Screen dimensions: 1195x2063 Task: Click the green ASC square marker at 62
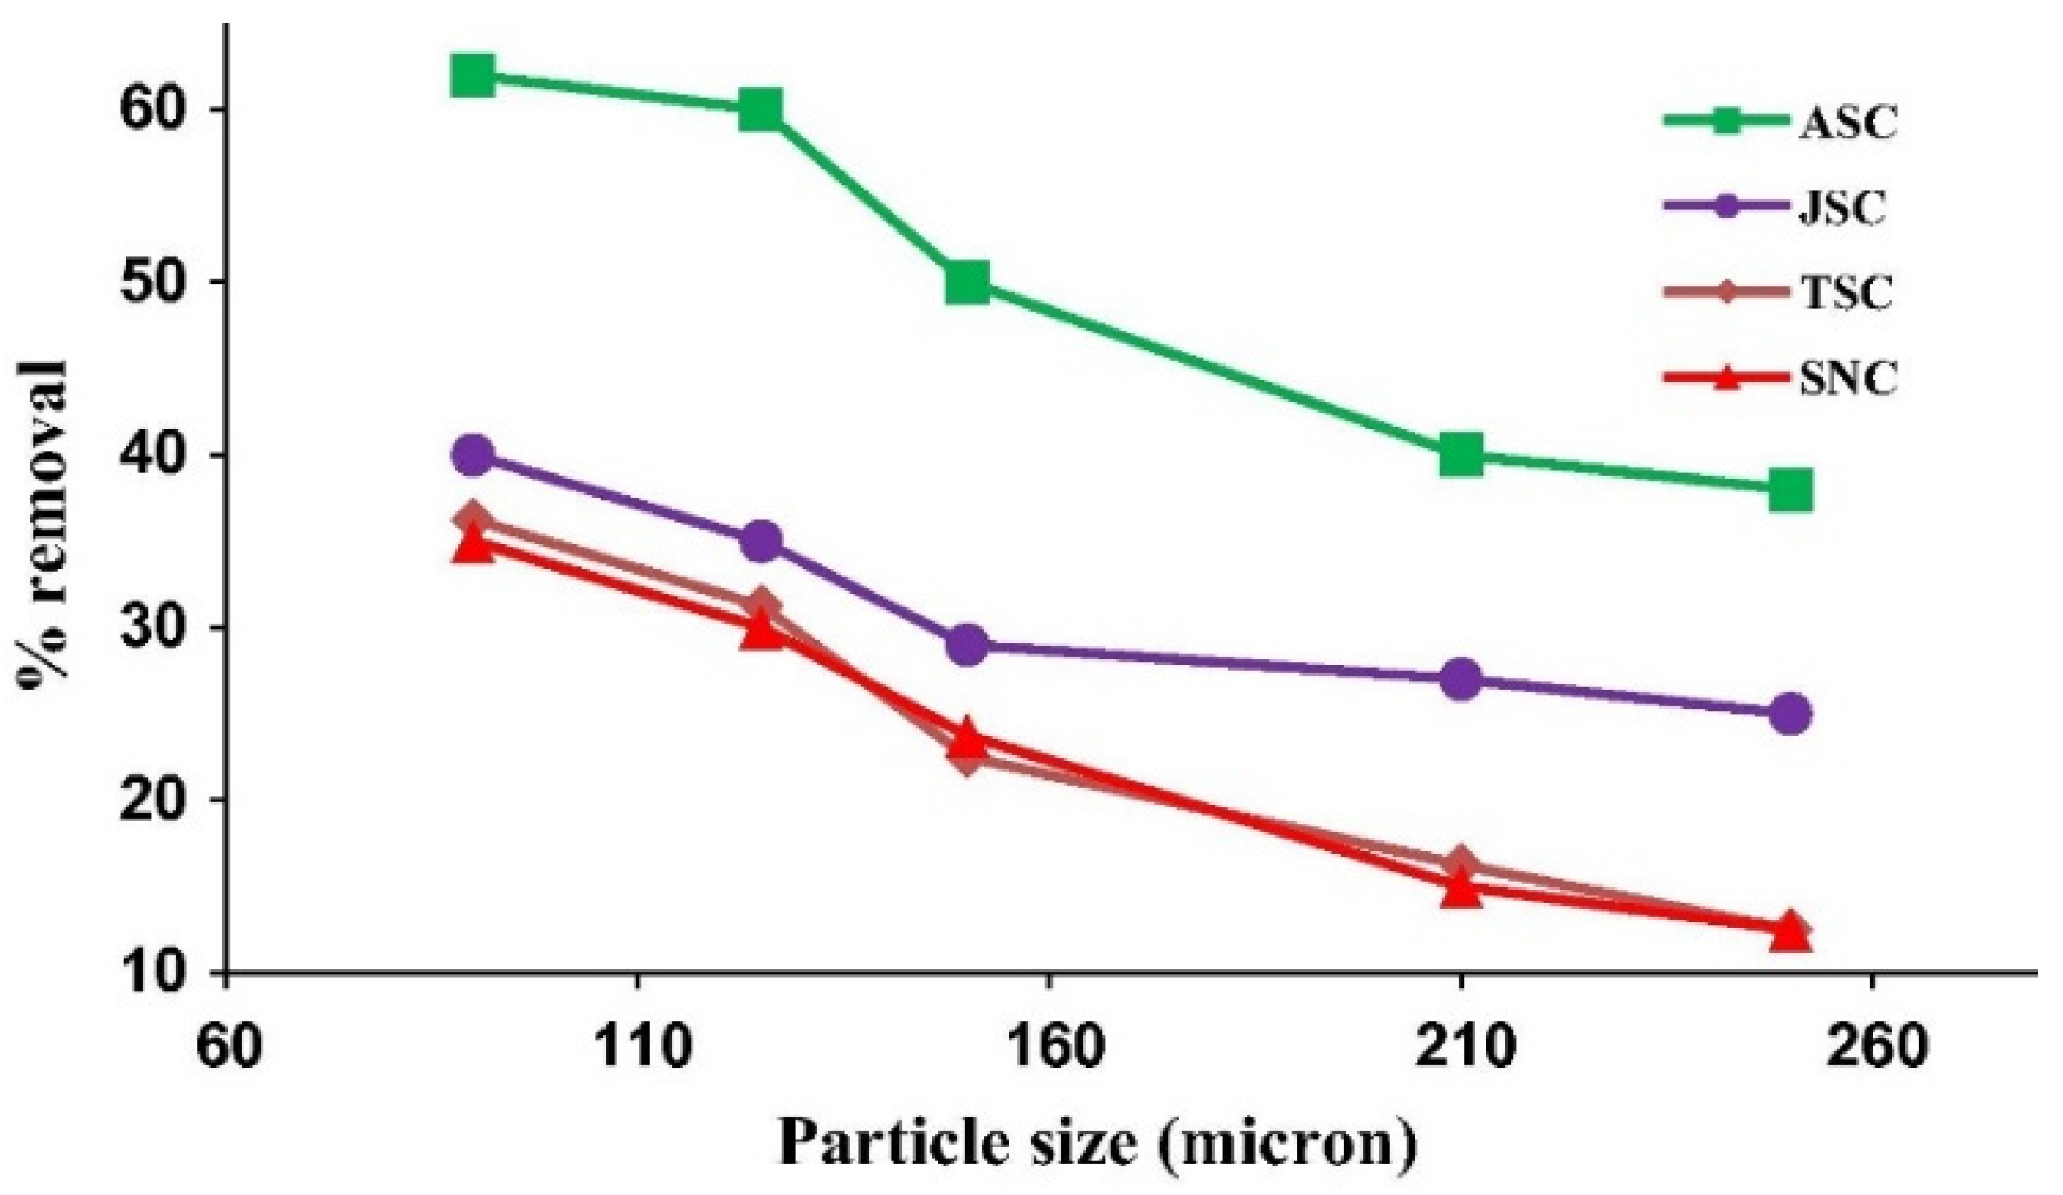[x=473, y=76]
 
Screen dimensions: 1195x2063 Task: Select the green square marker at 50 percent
[x=967, y=282]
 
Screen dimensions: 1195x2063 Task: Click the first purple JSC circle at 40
[x=473, y=455]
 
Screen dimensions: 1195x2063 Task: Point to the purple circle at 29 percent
[x=967, y=645]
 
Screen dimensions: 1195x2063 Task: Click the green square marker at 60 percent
[x=761, y=111]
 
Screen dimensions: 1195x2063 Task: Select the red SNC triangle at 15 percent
[x=1461, y=888]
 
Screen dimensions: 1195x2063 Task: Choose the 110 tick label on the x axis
[x=638, y=1048]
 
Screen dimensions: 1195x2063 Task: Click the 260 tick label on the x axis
[x=1872, y=1048]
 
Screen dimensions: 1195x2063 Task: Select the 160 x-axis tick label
[x=1049, y=1048]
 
